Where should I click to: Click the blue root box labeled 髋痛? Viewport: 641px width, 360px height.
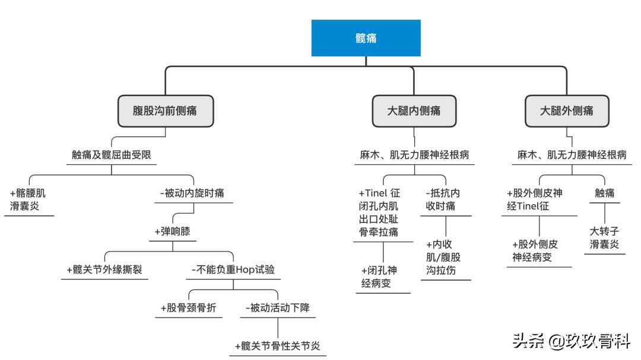[x=366, y=38]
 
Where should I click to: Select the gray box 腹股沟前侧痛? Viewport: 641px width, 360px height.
[x=165, y=111]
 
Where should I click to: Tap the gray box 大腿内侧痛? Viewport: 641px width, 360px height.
[x=414, y=111]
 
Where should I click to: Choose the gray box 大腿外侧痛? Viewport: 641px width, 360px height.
[x=566, y=111]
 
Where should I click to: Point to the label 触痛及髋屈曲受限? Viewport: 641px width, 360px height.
[x=112, y=155]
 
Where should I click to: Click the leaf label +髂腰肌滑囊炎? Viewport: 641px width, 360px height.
[x=28, y=200]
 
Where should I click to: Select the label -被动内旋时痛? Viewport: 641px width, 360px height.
[x=192, y=193]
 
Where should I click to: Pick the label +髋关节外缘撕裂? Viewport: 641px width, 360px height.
[x=104, y=270]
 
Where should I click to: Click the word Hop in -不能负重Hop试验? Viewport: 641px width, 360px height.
[x=245, y=270]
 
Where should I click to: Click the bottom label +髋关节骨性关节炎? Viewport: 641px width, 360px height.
[x=278, y=346]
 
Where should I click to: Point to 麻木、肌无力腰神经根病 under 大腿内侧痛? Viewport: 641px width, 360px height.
[x=414, y=155]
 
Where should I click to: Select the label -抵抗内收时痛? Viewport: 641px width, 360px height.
[x=444, y=200]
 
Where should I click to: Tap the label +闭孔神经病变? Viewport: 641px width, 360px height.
[x=379, y=276]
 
